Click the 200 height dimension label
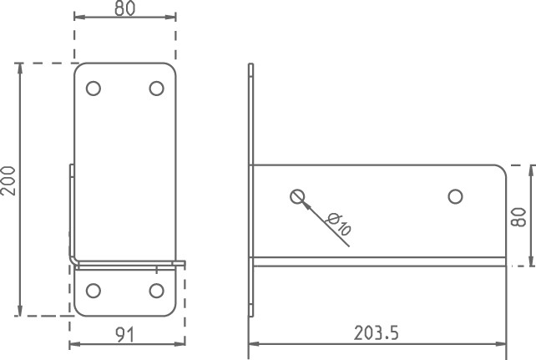click(8, 181)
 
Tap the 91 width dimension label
click(125, 335)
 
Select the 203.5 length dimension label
click(376, 333)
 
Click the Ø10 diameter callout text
click(338, 225)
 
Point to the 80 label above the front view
click(125, 8)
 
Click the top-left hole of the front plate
click(94, 89)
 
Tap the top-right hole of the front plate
click(157, 89)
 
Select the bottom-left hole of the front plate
click(94, 291)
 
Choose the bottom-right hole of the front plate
click(157, 291)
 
